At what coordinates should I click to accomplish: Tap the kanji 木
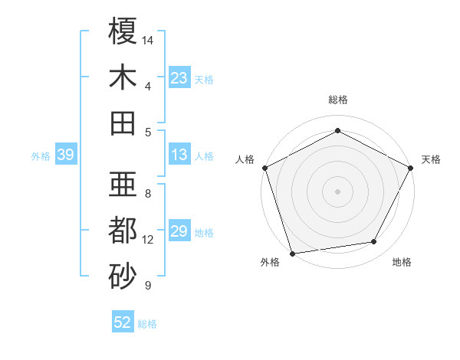click(x=123, y=77)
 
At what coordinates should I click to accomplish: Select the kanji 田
click(x=123, y=123)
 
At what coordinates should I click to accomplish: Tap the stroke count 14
click(x=148, y=39)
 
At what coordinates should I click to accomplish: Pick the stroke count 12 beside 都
click(x=148, y=240)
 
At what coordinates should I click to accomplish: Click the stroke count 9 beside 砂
click(x=147, y=286)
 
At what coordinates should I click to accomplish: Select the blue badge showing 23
click(x=179, y=78)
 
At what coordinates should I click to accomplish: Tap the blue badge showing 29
click(x=179, y=232)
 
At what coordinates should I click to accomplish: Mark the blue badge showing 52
click(x=123, y=322)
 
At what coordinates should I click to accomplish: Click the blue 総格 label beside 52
click(x=147, y=324)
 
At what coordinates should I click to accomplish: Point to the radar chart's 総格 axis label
click(x=338, y=100)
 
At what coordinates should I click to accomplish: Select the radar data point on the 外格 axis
click(x=292, y=254)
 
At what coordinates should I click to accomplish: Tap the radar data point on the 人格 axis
click(x=264, y=167)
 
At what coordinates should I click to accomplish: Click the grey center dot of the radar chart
click(x=338, y=191)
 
